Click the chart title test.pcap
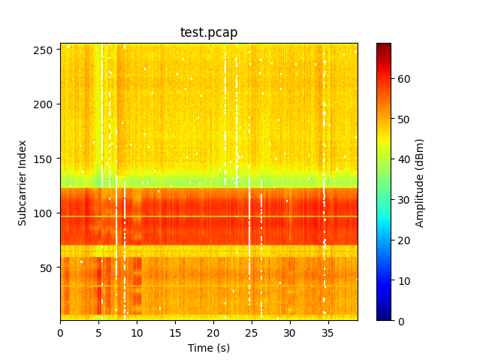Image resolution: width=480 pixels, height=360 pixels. [x=209, y=32]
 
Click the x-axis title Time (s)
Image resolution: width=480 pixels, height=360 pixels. [x=209, y=348]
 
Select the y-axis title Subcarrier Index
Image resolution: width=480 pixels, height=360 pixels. [x=23, y=182]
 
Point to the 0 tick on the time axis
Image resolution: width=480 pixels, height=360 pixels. [x=60, y=331]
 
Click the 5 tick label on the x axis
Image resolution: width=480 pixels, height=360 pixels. [x=98, y=331]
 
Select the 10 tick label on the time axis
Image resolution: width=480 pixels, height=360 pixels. [x=137, y=331]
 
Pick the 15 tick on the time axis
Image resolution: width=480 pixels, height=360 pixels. [x=175, y=331]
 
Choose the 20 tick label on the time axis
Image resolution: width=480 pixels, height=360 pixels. [x=213, y=331]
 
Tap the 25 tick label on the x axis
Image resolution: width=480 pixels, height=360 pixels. [x=252, y=331]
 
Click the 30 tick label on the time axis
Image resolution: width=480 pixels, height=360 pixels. [x=290, y=331]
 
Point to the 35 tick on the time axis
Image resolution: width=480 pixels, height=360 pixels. [x=328, y=331]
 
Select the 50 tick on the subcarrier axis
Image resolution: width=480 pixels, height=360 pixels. [x=46, y=268]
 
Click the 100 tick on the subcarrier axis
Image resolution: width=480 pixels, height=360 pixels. [x=44, y=213]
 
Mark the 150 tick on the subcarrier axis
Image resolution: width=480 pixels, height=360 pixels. [x=44, y=159]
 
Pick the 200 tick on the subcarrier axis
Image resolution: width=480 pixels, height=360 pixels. [x=44, y=104]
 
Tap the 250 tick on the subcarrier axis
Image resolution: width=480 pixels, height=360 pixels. [x=44, y=50]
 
